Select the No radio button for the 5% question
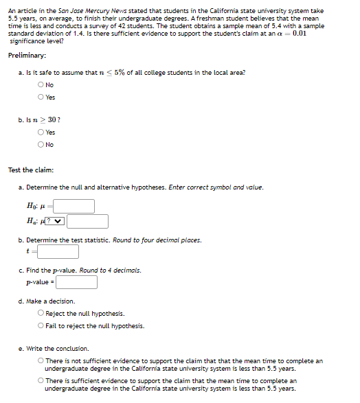point(42,85)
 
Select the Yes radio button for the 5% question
point(42,97)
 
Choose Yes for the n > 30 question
point(42,133)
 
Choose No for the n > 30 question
point(42,144)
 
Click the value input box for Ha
point(87,221)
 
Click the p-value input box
point(76,282)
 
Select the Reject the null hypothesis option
point(42,314)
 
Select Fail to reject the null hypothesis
point(42,325)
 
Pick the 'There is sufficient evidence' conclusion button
point(42,380)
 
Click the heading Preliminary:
point(27,56)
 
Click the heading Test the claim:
point(30,170)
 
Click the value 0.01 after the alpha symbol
point(299,33)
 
